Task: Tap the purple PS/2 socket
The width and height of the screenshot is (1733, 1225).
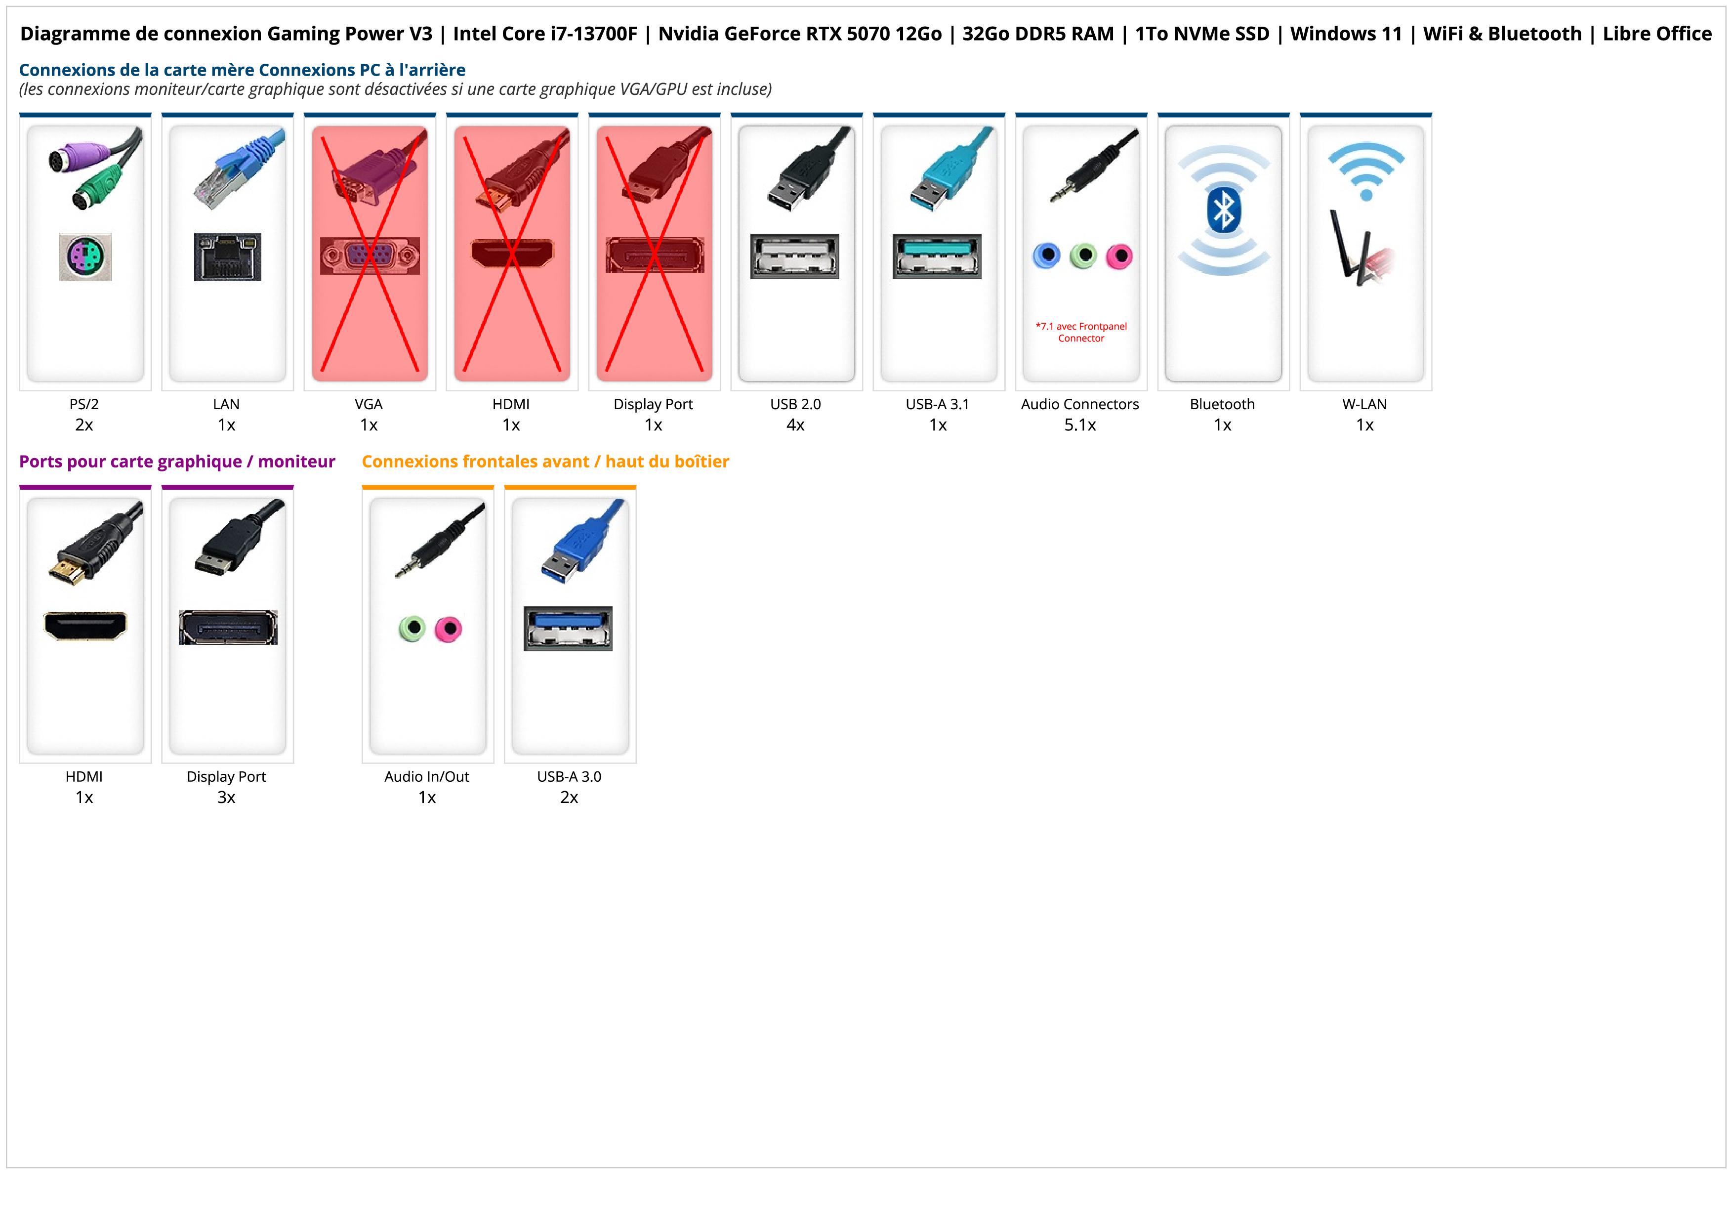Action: (x=85, y=256)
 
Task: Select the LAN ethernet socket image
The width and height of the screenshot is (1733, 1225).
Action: (x=227, y=256)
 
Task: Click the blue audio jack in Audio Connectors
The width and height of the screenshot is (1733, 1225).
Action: (x=1046, y=256)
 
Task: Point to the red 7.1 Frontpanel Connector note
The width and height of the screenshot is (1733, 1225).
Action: (x=1081, y=332)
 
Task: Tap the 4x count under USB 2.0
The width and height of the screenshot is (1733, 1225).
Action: (x=795, y=425)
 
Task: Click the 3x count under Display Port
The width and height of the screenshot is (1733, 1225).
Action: (x=226, y=797)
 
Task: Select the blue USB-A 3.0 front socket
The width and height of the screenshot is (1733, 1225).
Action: (x=568, y=628)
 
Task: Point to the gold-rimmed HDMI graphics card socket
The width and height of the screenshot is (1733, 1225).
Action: (x=85, y=626)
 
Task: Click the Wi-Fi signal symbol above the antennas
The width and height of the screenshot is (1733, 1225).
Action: (x=1365, y=170)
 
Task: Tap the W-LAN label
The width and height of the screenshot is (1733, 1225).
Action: (x=1364, y=404)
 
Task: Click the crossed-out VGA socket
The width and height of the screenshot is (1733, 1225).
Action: (x=369, y=256)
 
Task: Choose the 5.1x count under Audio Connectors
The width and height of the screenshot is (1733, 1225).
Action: (x=1080, y=425)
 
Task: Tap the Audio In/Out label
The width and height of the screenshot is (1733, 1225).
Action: (x=426, y=777)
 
